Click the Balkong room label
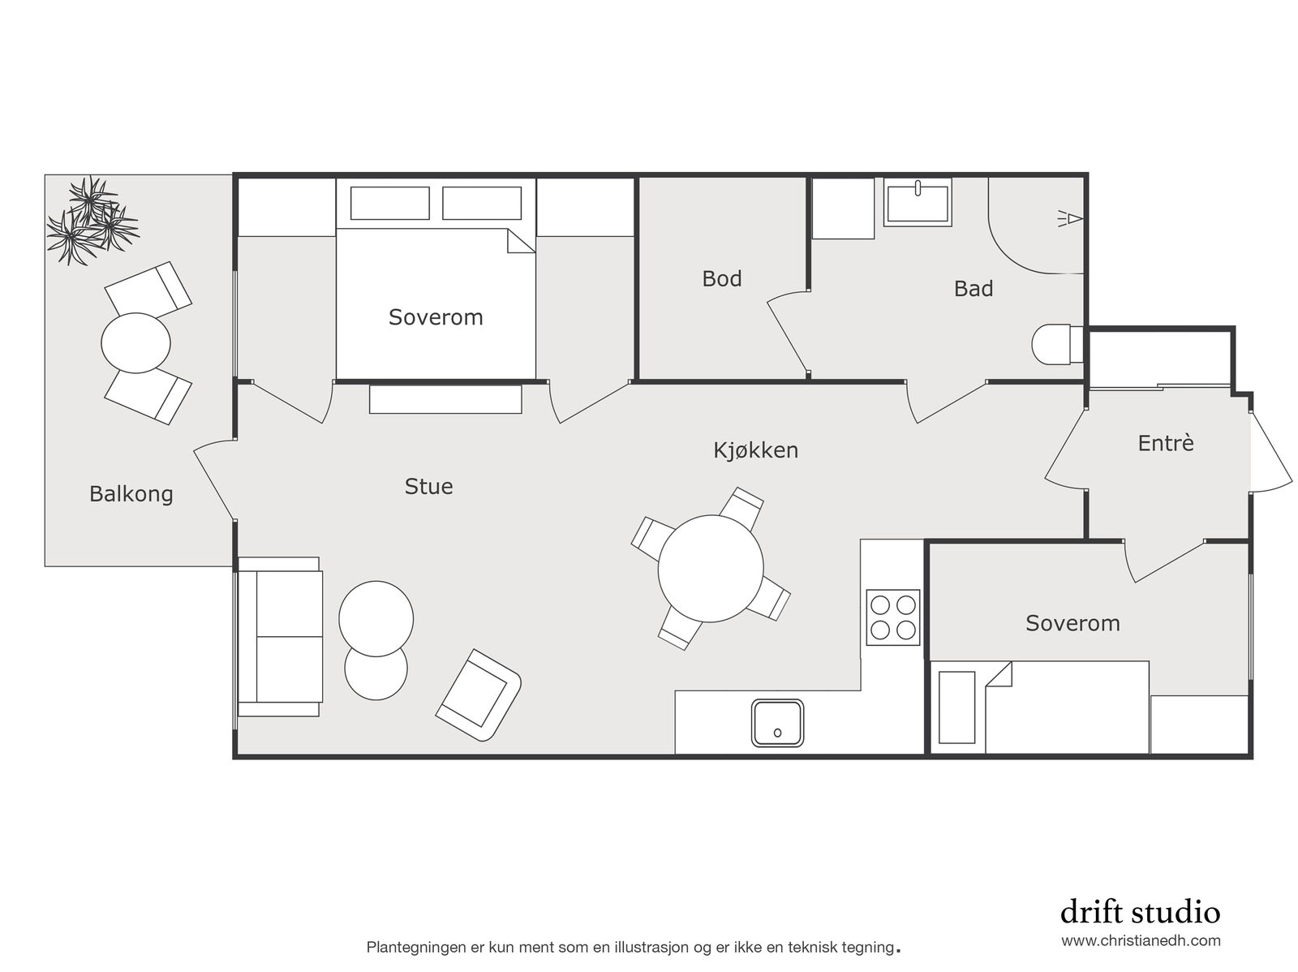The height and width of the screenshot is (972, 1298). point(131,493)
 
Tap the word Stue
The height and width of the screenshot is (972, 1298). point(428,487)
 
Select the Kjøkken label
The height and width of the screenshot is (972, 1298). point(756,450)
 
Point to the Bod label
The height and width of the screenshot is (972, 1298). point(721,278)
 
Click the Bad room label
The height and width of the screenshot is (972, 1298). point(973,289)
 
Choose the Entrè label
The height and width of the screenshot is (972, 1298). point(1166,443)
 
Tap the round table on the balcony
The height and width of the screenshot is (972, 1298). point(136,343)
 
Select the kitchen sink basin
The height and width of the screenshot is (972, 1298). point(777,722)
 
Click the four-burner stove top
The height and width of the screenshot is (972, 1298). point(893,617)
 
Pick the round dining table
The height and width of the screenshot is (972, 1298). point(710,569)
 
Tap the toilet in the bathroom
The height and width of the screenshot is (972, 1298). point(1057,343)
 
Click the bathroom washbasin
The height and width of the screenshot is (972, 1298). point(918,203)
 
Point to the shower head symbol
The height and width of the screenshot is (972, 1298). point(1070,219)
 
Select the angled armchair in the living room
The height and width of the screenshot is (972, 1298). point(479,695)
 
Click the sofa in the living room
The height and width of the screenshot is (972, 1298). point(279,636)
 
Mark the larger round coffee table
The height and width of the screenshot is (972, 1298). point(376,618)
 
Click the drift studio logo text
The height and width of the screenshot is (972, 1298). point(1140,912)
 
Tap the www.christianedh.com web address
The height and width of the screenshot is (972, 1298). point(1141,940)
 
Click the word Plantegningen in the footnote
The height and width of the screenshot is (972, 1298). point(416,948)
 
